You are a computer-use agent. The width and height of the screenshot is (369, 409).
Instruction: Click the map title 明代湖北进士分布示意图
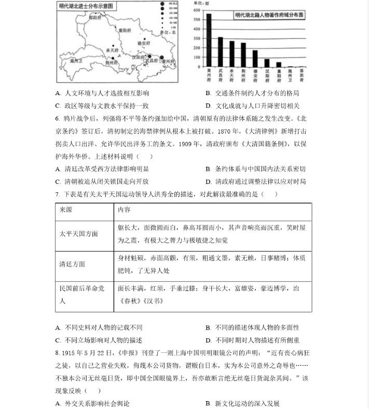tap(86, 6)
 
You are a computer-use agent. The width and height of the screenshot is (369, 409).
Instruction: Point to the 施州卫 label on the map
tap(76, 61)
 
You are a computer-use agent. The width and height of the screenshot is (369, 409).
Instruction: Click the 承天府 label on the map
tap(113, 50)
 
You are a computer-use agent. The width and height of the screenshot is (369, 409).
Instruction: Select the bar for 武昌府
tap(220, 52)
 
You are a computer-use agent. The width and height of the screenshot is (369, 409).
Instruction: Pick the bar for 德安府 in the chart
tap(255, 59)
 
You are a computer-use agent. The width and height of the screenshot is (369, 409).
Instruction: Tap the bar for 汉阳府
tap(267, 63)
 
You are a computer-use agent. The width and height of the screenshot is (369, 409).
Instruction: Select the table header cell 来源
tap(66, 209)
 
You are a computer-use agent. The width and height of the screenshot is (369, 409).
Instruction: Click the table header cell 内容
tap(124, 209)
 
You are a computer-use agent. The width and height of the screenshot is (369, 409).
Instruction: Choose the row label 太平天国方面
tap(78, 234)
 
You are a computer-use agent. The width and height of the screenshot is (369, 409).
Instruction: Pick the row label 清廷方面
tap(72, 264)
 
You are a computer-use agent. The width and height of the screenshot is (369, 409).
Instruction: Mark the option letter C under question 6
tap(58, 181)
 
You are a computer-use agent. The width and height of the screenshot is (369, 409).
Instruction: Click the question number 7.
tap(57, 194)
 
